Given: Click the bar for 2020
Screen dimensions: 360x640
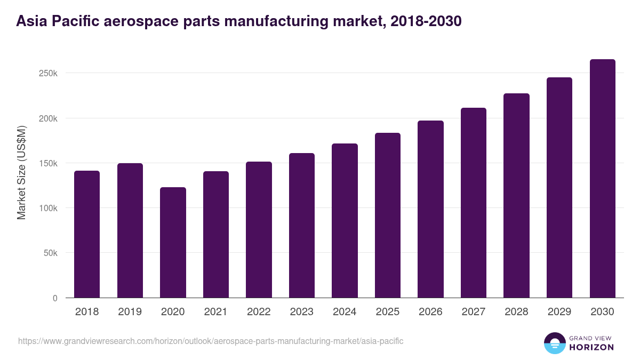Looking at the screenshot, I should (x=173, y=243).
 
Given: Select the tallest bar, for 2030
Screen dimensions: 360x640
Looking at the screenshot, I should (x=602, y=179).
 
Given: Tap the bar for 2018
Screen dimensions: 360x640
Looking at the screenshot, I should (x=87, y=235).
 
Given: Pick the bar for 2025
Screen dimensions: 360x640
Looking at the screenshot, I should (x=388, y=215).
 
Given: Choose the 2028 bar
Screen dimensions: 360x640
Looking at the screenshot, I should (x=516, y=196).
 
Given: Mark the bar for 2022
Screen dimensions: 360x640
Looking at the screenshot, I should (x=259, y=230).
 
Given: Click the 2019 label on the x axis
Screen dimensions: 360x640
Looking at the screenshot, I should (x=130, y=312).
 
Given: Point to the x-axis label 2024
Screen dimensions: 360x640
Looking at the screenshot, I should (x=345, y=312).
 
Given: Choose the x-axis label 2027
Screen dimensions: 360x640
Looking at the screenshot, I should (x=474, y=312).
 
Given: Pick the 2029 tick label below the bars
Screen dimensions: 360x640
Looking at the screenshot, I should (x=559, y=312).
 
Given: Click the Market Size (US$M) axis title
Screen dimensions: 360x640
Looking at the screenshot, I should (x=21, y=173).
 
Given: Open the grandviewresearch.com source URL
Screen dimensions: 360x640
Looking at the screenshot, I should (x=211, y=341).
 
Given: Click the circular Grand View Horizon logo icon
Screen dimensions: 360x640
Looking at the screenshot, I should (x=554, y=343).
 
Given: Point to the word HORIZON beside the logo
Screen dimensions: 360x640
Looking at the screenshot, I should (x=592, y=347).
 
